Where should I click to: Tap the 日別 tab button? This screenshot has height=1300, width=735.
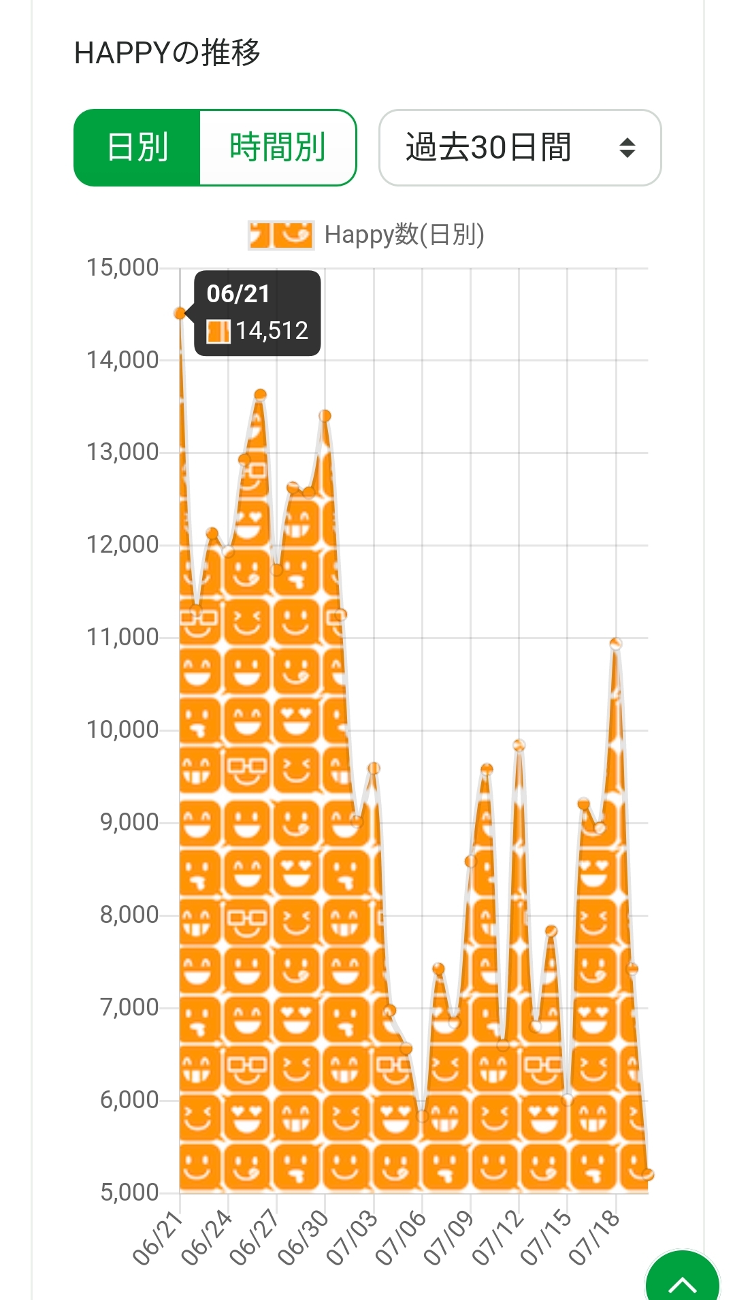(x=137, y=148)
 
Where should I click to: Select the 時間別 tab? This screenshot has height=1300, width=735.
(x=278, y=148)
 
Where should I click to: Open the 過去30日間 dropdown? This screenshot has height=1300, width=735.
(x=520, y=148)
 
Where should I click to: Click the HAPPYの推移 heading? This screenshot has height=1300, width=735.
(x=167, y=53)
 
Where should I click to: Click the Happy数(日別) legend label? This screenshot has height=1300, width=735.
(x=404, y=235)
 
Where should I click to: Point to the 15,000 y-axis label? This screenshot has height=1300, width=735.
(x=122, y=267)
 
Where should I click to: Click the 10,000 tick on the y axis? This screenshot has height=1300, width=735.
(x=122, y=730)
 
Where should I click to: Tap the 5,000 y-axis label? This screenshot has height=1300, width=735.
(x=129, y=1192)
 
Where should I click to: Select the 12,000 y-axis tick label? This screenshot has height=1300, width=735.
(x=122, y=545)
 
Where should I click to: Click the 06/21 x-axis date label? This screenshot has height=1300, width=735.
(x=159, y=1239)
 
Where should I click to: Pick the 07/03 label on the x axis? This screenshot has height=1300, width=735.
(x=353, y=1239)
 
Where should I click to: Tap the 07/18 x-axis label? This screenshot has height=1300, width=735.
(x=595, y=1239)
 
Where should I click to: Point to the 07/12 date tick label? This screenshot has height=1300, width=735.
(x=498, y=1239)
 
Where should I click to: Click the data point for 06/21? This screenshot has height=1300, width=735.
(x=180, y=313)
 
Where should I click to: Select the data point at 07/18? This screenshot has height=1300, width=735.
(x=616, y=644)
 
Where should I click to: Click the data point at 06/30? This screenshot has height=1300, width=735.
(x=325, y=416)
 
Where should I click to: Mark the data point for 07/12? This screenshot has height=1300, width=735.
(x=519, y=745)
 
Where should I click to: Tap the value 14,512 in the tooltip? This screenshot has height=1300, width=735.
(x=272, y=331)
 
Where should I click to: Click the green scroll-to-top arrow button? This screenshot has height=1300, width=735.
(x=682, y=1280)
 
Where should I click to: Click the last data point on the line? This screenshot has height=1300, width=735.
(x=648, y=1174)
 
